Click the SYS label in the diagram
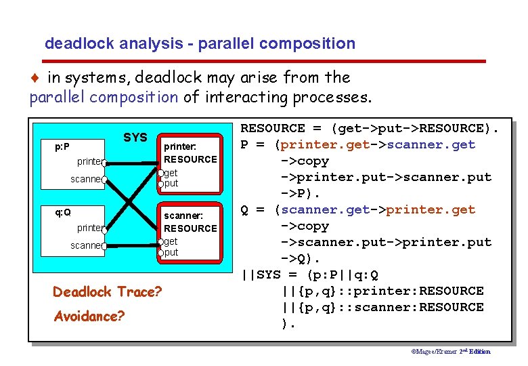[135, 138]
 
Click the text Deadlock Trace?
[107, 292]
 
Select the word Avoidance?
[88, 316]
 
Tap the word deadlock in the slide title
[75, 44]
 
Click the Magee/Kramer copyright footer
[451, 351]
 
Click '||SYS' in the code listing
[260, 274]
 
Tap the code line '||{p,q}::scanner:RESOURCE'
[382, 307]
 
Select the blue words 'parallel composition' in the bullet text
[104, 98]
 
